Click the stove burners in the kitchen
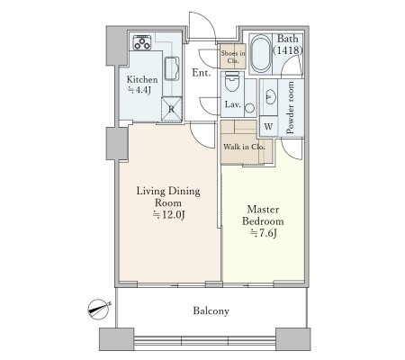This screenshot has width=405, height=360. (x=142, y=42)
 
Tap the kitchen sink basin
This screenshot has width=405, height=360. (x=172, y=68)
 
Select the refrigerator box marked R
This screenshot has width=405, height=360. (x=172, y=109)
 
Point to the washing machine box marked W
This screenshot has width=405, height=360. (x=268, y=126)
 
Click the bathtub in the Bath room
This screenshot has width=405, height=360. (x=260, y=54)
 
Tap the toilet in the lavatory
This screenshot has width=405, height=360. (x=231, y=81)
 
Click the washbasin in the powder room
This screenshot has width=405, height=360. (x=269, y=96)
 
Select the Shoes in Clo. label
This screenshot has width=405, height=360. (x=233, y=57)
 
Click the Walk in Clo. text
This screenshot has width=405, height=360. (x=244, y=147)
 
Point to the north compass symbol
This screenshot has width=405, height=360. (x=99, y=310)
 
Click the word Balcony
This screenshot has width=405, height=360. (x=211, y=310)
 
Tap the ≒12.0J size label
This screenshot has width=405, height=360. (x=168, y=215)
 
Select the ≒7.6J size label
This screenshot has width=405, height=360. (x=263, y=233)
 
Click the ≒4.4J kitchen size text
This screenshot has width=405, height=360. (x=139, y=90)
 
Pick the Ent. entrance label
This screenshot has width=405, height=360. (x=202, y=73)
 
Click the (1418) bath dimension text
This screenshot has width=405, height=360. (x=287, y=50)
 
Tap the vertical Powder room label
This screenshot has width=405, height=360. (x=290, y=108)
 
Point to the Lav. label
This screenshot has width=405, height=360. (x=233, y=104)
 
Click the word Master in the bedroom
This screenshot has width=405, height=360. (x=263, y=210)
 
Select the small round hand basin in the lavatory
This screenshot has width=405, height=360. (x=249, y=108)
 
